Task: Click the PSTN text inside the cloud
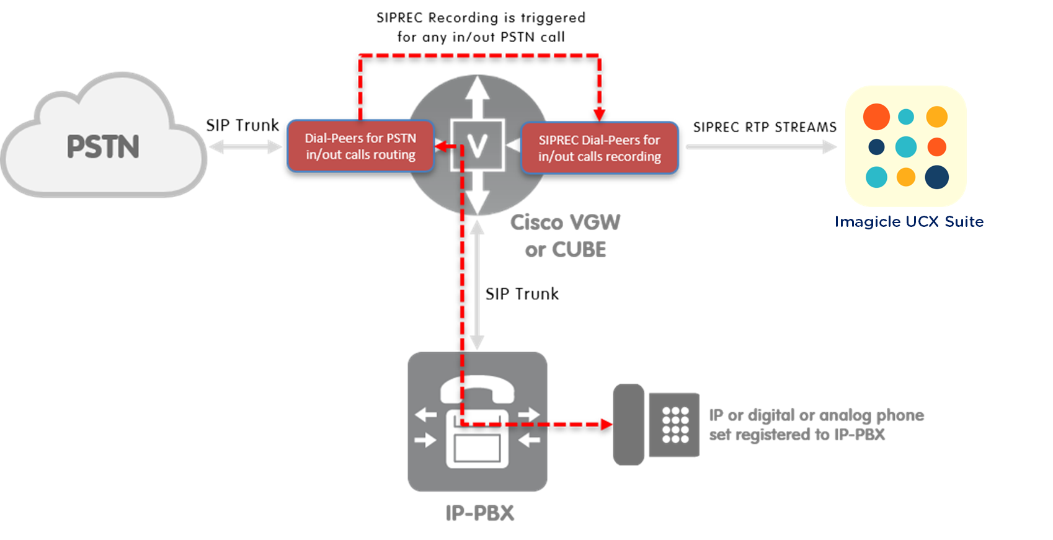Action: tap(103, 147)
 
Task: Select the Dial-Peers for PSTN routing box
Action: tap(360, 146)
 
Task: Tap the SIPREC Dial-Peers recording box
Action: tap(599, 148)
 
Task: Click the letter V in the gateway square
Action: tap(477, 146)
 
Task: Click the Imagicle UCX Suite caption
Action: tap(909, 222)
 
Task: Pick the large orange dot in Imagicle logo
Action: tap(876, 117)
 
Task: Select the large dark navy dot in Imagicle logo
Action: tap(936, 177)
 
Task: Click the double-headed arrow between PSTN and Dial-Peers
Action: tap(246, 147)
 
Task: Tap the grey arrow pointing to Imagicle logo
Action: tap(762, 147)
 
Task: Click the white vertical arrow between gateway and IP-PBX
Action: tap(477, 285)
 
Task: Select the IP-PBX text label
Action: tap(479, 513)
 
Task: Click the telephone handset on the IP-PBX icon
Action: tap(478, 391)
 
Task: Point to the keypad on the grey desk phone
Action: tap(675, 425)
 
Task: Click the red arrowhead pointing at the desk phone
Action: tap(606, 425)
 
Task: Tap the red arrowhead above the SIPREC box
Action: tap(598, 114)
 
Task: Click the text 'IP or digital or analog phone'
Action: tap(816, 415)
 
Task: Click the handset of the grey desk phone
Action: tap(628, 425)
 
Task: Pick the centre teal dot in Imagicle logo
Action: tap(906, 147)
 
